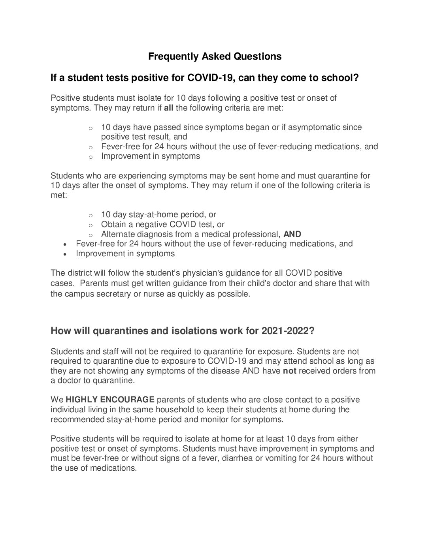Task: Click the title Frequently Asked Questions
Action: pyautogui.click(x=215, y=56)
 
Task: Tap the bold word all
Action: pyautogui.click(x=168, y=108)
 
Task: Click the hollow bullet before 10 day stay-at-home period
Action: pyautogui.click(x=91, y=216)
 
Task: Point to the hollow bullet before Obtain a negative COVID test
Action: pyautogui.click(x=91, y=225)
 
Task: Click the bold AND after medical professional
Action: pyautogui.click(x=292, y=234)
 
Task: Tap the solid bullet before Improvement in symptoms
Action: pyautogui.click(x=65, y=254)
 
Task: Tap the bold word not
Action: pyautogui.click(x=289, y=371)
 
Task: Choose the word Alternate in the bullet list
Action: pyautogui.click(x=117, y=234)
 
